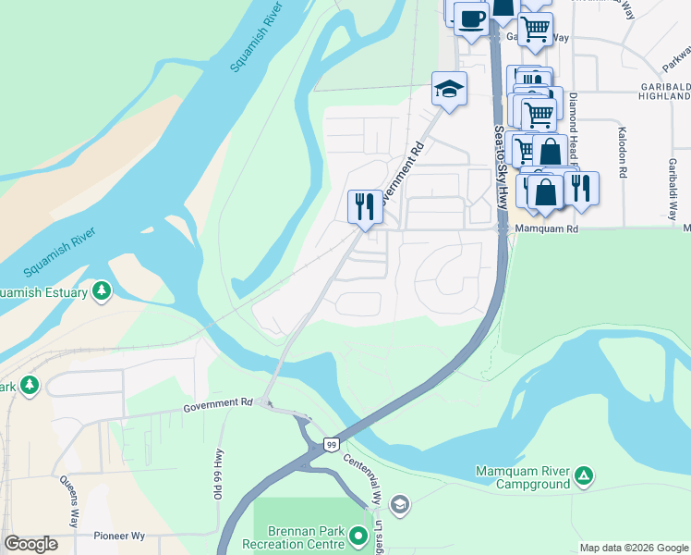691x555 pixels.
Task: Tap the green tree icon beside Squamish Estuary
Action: [x=102, y=292]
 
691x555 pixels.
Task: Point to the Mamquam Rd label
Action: [x=548, y=228]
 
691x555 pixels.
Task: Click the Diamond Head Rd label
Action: [x=574, y=120]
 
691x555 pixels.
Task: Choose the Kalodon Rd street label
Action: [x=623, y=153]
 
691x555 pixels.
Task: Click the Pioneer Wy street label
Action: [x=119, y=536]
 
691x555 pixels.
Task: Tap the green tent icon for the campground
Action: [x=583, y=476]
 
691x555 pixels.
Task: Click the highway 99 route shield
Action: [x=331, y=446]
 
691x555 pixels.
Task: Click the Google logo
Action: [x=30, y=544]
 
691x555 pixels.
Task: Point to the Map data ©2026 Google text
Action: [x=633, y=548]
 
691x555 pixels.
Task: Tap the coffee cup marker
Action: [x=471, y=18]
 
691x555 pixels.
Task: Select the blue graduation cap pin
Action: [x=449, y=90]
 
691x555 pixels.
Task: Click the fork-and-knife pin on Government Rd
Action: [x=364, y=206]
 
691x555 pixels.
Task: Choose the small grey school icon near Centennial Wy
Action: [x=399, y=504]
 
